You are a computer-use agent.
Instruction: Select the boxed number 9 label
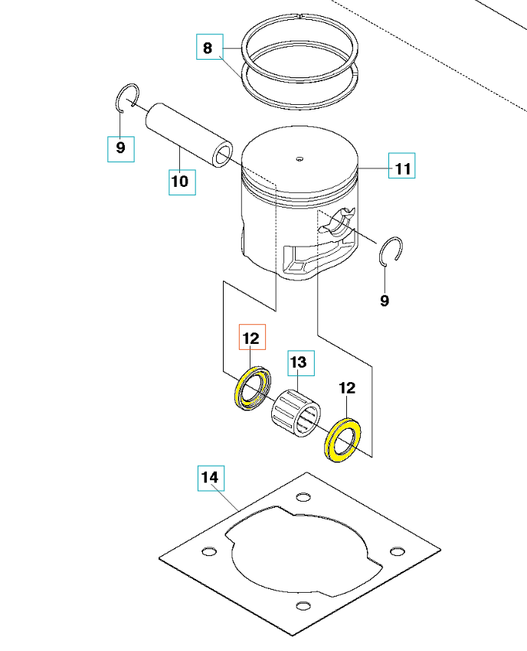point(120,147)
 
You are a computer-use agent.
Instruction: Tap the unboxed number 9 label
point(385,301)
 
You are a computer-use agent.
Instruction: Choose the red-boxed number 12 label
point(251,337)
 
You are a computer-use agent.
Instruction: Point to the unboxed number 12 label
point(347,388)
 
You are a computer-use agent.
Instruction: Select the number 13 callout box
point(300,362)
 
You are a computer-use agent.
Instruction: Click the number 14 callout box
point(210,478)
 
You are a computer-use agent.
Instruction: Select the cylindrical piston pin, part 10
point(188,136)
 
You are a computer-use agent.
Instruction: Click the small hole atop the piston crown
point(300,159)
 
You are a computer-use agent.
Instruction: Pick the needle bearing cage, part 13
point(296,411)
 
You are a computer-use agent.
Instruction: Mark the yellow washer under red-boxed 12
point(250,388)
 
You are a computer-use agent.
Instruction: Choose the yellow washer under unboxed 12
point(342,439)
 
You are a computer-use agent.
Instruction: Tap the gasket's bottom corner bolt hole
point(304,607)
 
